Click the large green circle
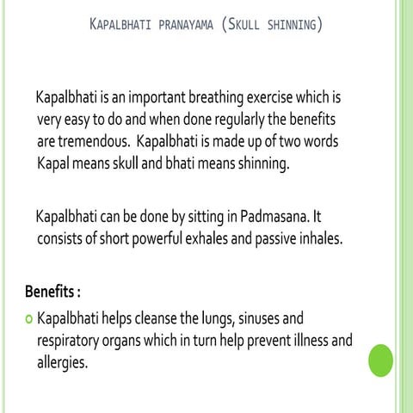380,361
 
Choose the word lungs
219,319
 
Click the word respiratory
73,341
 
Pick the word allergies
63,362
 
